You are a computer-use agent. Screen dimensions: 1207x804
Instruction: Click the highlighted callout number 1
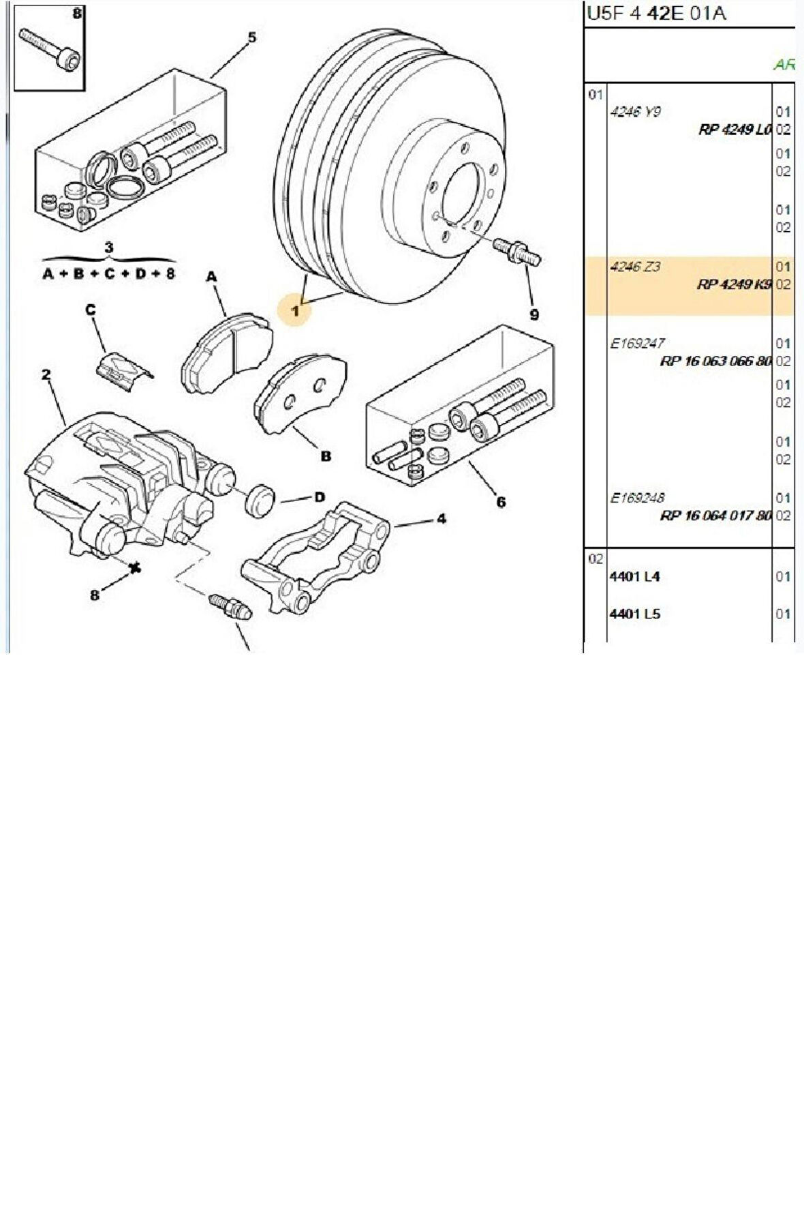click(x=296, y=311)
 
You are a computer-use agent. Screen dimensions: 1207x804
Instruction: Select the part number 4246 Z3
click(x=634, y=267)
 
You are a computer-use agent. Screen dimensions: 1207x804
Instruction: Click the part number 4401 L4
click(x=634, y=576)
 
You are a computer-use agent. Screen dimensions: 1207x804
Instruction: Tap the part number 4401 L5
click(x=634, y=614)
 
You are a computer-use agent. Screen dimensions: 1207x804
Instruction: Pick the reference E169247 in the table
click(x=637, y=344)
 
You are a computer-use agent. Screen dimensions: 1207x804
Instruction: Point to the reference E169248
click(x=637, y=498)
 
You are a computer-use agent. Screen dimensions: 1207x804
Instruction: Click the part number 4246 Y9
click(x=634, y=112)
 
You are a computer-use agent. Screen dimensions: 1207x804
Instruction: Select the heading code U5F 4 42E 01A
click(x=655, y=14)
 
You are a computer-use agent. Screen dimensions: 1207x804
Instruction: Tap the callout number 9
click(x=534, y=314)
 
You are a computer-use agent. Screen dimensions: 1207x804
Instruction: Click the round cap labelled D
click(x=259, y=501)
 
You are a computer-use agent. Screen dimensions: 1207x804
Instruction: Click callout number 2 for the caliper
click(x=46, y=374)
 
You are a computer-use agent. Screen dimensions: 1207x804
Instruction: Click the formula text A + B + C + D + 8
click(x=109, y=274)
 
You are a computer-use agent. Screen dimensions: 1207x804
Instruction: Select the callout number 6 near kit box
click(x=501, y=503)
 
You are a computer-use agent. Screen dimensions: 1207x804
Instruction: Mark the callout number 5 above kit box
click(x=252, y=38)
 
